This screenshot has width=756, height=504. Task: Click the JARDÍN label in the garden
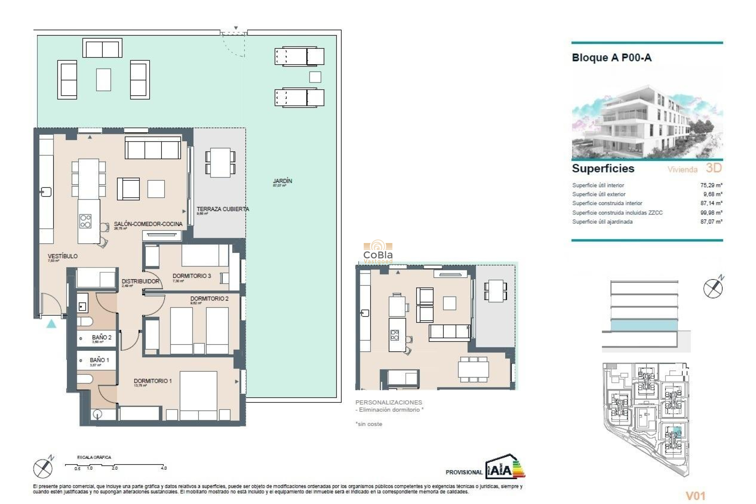tap(282, 181)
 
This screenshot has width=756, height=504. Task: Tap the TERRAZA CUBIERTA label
tap(222, 209)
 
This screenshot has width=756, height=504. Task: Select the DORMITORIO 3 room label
tap(192, 276)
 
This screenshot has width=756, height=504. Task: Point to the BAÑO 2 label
tap(102, 337)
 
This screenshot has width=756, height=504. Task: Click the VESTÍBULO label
tap(63, 256)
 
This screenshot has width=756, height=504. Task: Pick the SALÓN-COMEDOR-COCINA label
tap(148, 224)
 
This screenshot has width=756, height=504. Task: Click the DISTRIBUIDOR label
tap(140, 281)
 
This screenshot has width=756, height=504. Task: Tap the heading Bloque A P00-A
tap(611, 58)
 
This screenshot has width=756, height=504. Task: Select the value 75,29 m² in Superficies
tap(711, 185)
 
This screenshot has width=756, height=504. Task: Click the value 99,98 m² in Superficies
tap(711, 213)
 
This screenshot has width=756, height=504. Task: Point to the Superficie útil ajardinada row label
tap(602, 222)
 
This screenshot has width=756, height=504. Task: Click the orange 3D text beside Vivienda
tap(713, 168)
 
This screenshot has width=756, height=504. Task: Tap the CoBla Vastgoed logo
tap(378, 252)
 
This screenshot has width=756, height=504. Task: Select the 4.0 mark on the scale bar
tap(164, 468)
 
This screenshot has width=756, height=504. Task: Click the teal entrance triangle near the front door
tap(51, 324)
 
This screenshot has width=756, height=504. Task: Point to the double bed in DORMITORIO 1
tap(198, 394)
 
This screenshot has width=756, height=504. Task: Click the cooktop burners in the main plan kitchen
tap(85, 221)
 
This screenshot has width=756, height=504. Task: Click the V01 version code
tap(695, 496)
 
